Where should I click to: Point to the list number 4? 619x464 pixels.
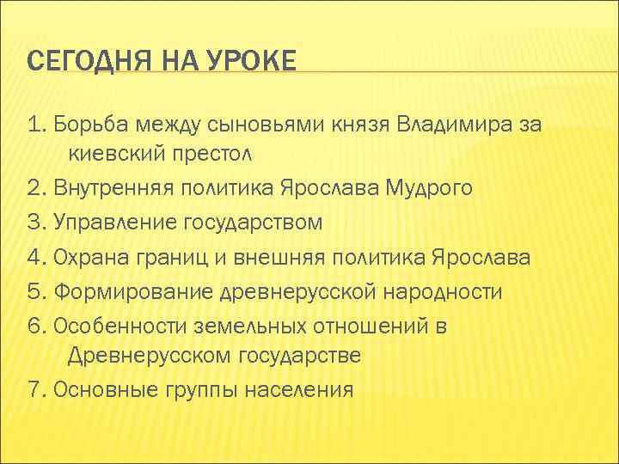(35, 256)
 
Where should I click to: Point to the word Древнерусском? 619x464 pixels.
(150, 356)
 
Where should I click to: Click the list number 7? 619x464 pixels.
(35, 390)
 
